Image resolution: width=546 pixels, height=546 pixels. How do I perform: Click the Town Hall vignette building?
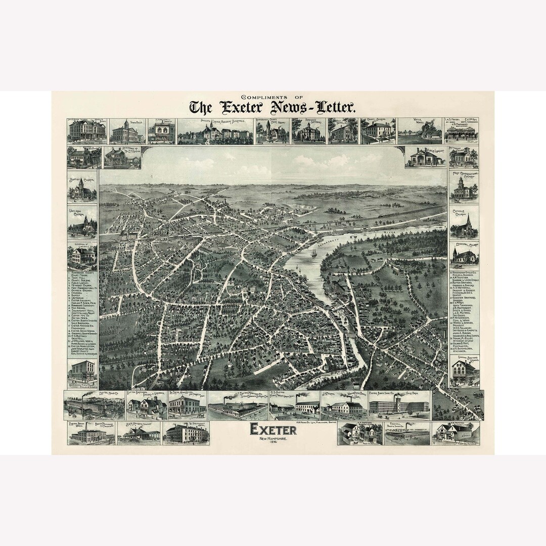(x=125, y=132)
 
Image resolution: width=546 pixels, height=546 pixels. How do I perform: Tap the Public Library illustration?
(x=425, y=157)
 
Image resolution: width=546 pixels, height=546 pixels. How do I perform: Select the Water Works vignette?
(x=419, y=132)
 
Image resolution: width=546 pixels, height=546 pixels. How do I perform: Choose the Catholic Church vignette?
(x=464, y=225)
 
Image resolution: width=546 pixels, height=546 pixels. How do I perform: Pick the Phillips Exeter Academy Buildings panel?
(x=215, y=132)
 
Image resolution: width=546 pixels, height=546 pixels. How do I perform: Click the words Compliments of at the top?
(x=273, y=96)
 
